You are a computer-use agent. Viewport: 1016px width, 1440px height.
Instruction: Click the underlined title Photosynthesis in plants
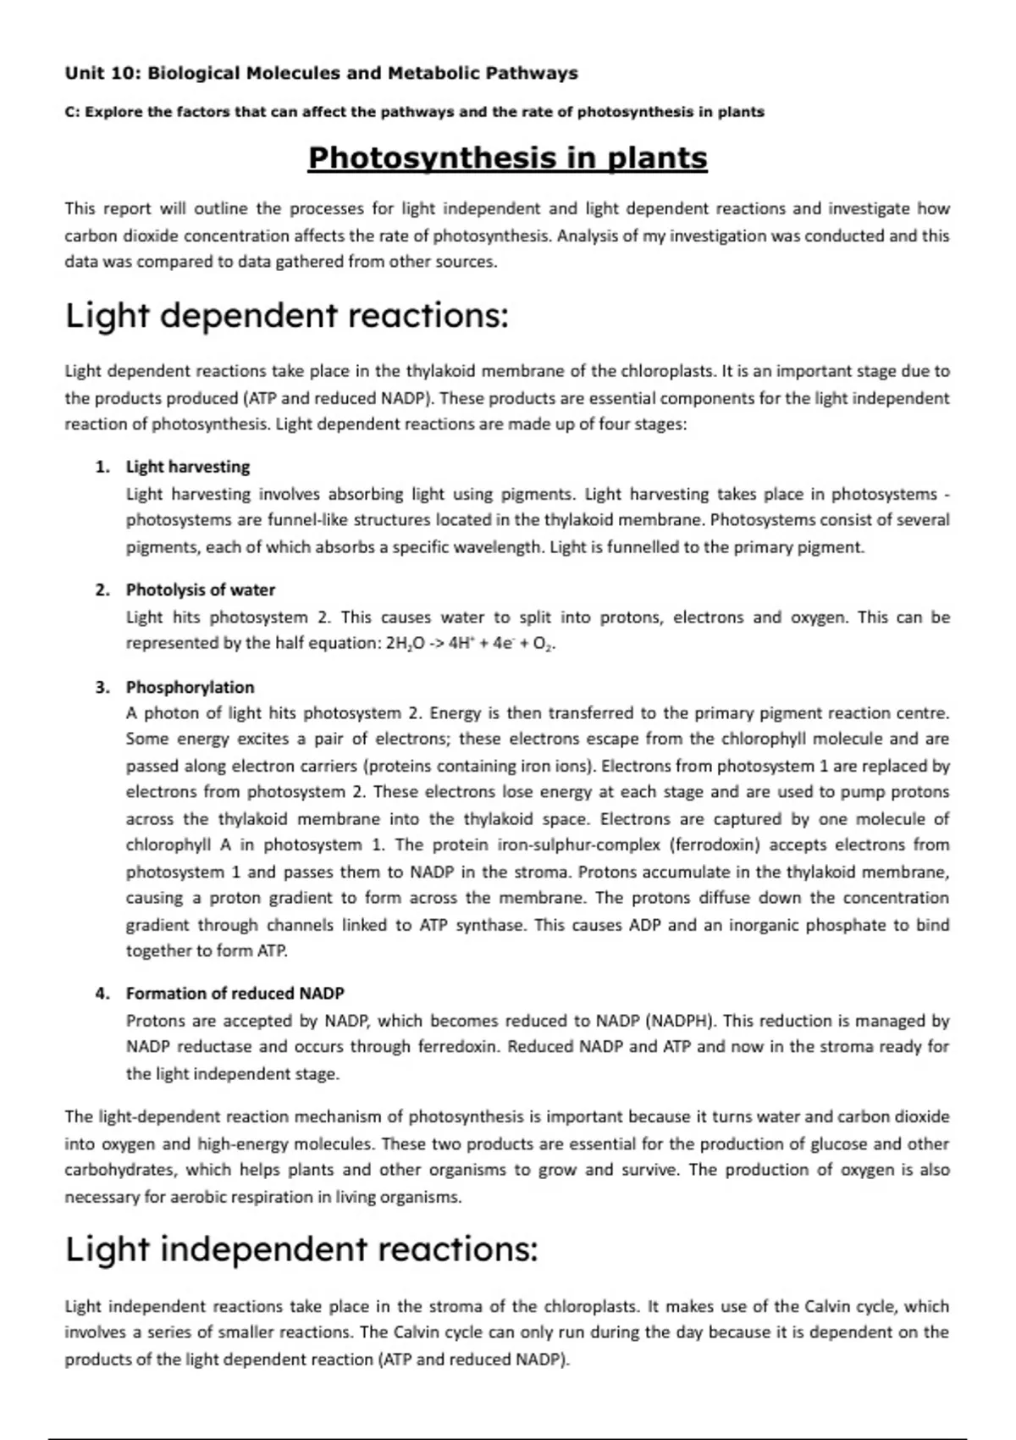[507, 158]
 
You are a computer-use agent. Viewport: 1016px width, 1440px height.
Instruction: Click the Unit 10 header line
[321, 74]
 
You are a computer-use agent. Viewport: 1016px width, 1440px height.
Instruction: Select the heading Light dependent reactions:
[287, 316]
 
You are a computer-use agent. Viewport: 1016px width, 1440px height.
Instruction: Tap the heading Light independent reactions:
[301, 1249]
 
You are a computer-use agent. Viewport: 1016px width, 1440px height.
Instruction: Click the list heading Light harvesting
[188, 467]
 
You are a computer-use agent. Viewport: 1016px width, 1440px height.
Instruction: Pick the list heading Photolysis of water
[200, 590]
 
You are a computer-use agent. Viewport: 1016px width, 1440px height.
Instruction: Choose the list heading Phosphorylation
[190, 687]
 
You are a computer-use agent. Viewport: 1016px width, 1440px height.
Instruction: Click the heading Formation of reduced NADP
[235, 993]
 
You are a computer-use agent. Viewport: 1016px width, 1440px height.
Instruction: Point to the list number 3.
[102, 687]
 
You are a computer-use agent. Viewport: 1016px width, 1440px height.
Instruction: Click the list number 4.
[102, 993]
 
